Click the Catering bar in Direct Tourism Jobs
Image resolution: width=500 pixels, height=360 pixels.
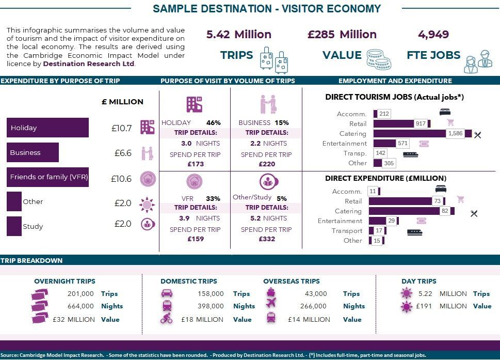(422, 133)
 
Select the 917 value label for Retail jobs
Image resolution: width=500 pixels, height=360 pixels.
(421, 123)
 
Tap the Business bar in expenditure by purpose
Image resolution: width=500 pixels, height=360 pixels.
(33, 152)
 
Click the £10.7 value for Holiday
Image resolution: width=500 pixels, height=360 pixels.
(121, 128)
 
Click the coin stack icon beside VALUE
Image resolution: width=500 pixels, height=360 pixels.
(379, 59)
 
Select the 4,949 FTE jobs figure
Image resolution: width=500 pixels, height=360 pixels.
(433, 35)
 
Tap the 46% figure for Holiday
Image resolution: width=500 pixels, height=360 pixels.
(213, 122)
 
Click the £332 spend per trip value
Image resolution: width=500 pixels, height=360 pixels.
(267, 239)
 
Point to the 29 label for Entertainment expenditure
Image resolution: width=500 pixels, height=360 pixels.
(391, 221)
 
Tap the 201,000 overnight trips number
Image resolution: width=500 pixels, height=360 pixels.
(80, 293)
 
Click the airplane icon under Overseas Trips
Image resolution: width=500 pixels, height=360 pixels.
(271, 303)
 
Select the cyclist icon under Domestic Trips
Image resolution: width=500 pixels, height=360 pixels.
(167, 318)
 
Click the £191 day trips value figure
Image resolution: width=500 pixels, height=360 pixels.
(424, 306)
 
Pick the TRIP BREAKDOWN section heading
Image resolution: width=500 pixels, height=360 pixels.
(31, 260)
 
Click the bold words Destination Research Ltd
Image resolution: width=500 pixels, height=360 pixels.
(89, 64)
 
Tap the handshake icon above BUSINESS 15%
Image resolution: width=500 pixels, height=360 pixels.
(268, 104)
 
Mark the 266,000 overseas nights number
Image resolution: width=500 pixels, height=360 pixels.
(313, 306)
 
